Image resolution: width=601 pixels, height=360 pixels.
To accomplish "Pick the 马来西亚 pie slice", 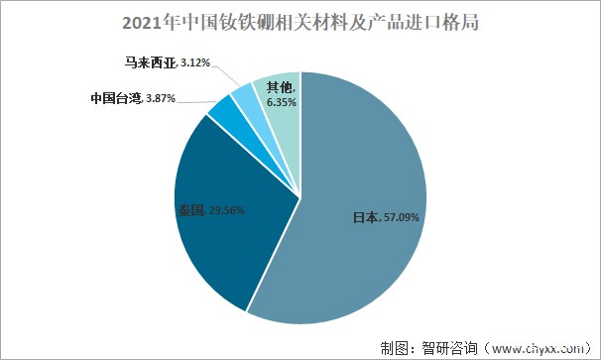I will (242, 97).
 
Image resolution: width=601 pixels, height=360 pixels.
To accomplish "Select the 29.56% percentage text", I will (226, 210).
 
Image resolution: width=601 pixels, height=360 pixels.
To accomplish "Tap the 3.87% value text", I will (163, 100).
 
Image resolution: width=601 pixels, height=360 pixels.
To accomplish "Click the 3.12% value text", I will (194, 63).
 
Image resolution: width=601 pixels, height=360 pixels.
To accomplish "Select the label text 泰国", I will (190, 210).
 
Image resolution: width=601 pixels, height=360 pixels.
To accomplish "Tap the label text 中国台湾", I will (116, 100).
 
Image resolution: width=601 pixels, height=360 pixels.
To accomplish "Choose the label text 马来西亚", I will (150, 63).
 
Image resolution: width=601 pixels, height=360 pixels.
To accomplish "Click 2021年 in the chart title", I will (143, 21).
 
